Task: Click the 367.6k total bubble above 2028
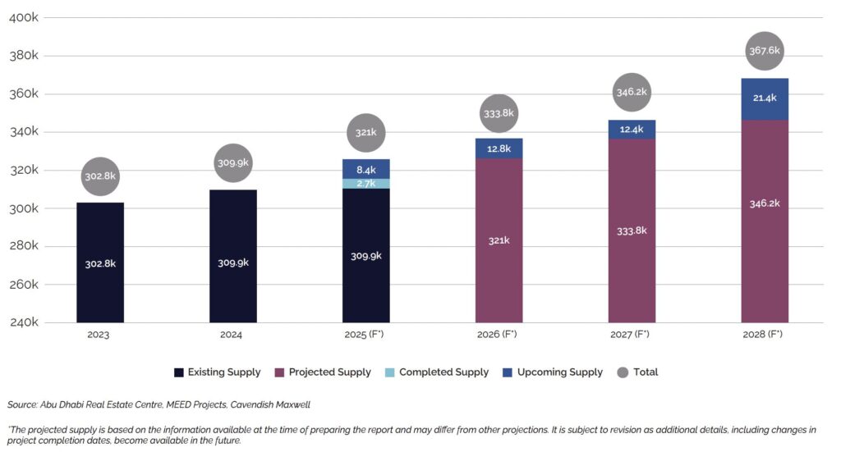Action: click(x=765, y=51)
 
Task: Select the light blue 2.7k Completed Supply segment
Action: click(x=365, y=184)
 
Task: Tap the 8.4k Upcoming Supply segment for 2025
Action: click(x=365, y=169)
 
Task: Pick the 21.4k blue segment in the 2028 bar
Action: click(x=765, y=99)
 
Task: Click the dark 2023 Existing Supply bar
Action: click(x=100, y=263)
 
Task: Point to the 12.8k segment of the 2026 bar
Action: click(x=499, y=148)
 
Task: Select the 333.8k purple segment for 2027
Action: click(x=632, y=231)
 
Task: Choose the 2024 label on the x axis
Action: click(x=233, y=335)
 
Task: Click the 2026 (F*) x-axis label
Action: click(x=499, y=335)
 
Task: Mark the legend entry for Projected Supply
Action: click(x=323, y=372)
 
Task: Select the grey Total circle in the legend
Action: click(x=623, y=372)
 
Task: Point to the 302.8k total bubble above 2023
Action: click(x=100, y=176)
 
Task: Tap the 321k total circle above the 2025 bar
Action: click(x=365, y=133)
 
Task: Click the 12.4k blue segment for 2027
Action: click(x=632, y=129)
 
